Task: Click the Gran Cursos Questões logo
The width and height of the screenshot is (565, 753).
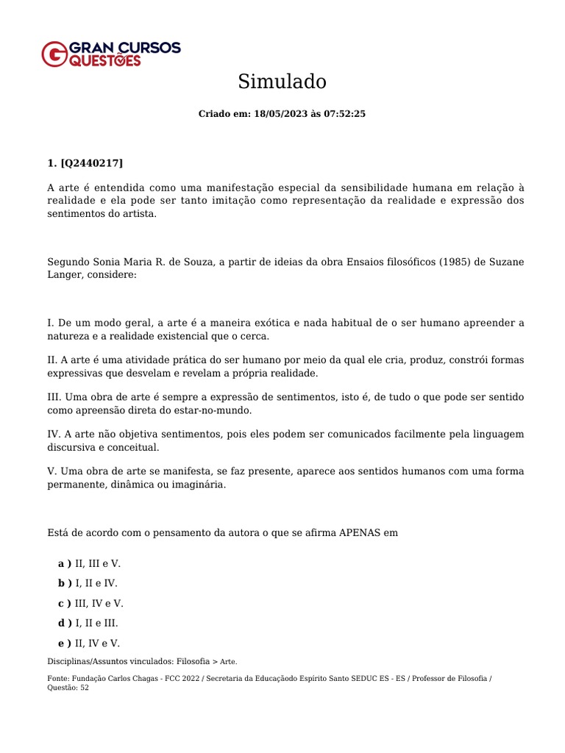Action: tap(111, 54)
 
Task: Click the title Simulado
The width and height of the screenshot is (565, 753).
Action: tap(282, 82)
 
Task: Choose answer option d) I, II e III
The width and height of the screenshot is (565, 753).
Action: tap(88, 623)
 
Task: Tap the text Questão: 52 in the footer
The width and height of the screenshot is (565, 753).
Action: tap(68, 688)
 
